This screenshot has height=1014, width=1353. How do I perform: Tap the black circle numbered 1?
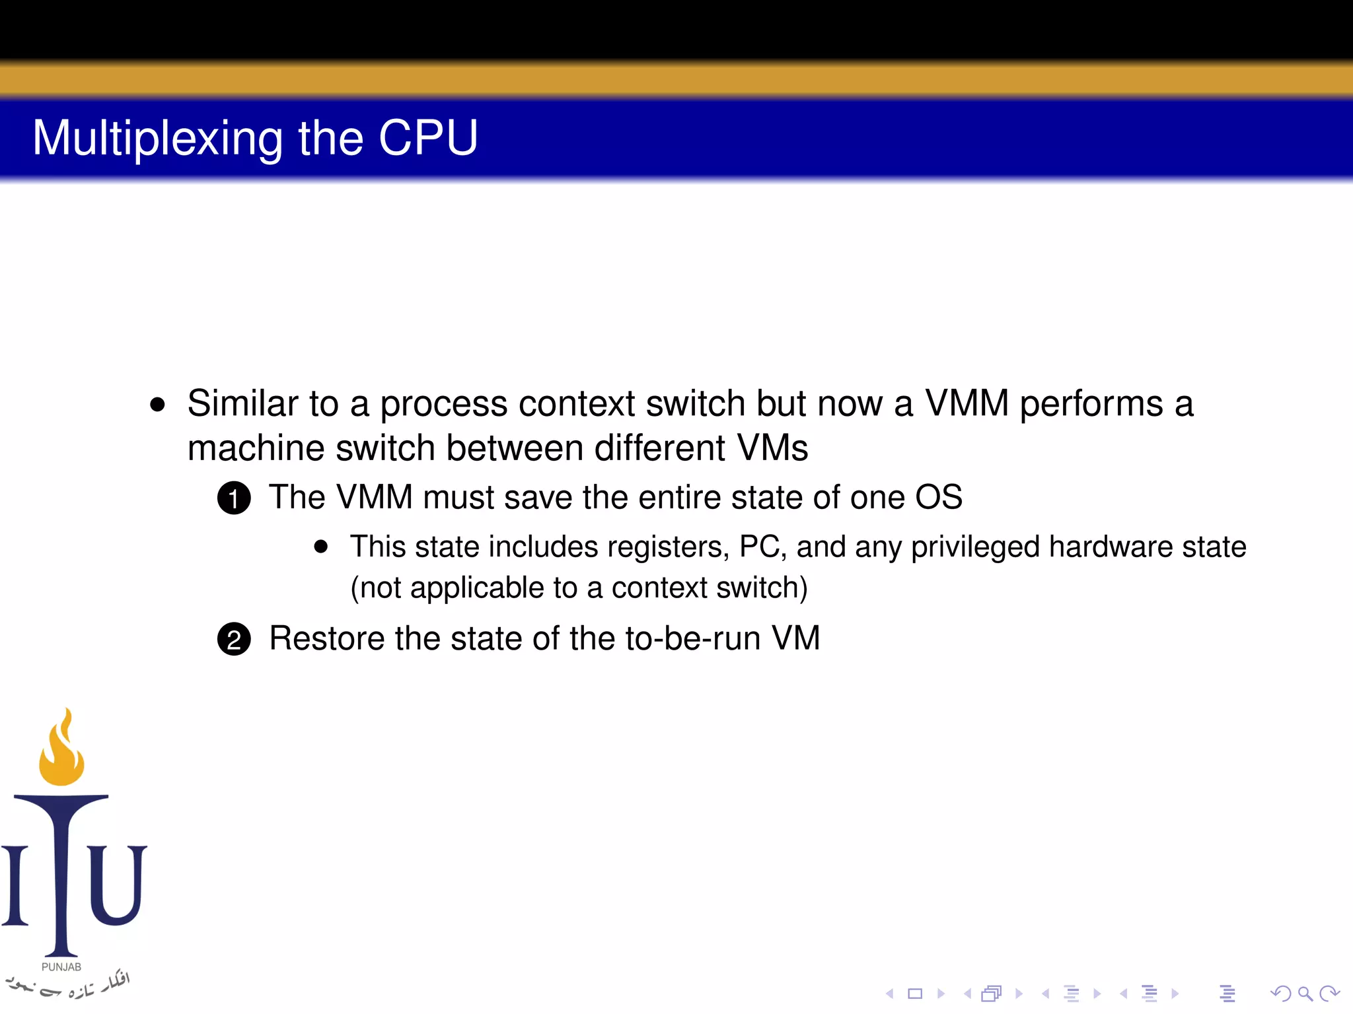click(x=234, y=498)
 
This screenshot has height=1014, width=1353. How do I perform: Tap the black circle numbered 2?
click(x=234, y=639)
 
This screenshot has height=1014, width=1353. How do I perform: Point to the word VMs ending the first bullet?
click(x=772, y=448)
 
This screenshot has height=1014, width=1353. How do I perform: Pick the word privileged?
click(x=976, y=548)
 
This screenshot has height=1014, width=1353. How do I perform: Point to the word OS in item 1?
click(x=938, y=497)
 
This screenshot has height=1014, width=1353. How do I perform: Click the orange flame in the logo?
click(x=62, y=753)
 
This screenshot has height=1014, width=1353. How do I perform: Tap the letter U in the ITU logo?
click(x=118, y=885)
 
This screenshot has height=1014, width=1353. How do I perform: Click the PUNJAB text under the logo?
click(x=61, y=966)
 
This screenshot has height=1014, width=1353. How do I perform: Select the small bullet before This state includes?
click(x=321, y=547)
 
